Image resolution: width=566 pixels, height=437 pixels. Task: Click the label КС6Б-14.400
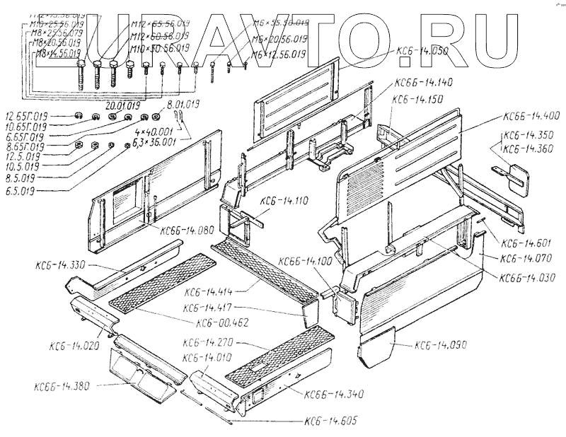tap(531, 115)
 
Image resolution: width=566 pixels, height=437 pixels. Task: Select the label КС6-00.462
tap(223, 323)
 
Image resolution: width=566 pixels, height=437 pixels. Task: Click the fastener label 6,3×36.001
tap(149, 141)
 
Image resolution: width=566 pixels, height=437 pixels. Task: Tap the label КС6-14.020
tap(74, 346)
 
